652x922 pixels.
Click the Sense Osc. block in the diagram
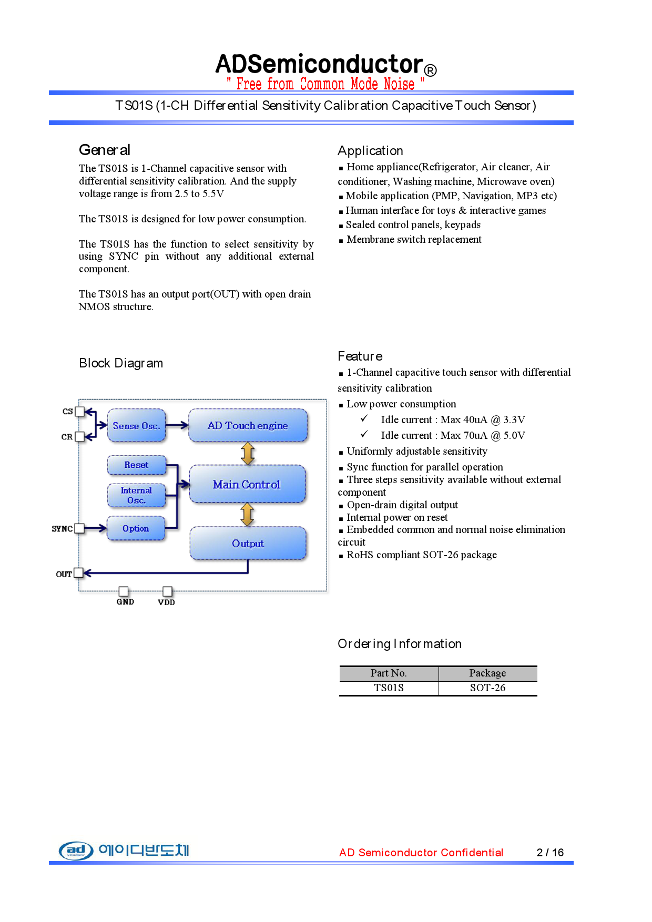136,426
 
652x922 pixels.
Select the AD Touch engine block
248,426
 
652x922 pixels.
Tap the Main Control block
247,485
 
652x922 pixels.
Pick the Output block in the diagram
248,544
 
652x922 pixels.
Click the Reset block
136,465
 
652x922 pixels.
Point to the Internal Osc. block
136,496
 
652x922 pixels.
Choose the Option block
136,529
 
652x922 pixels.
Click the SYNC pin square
79,529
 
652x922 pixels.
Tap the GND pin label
125,602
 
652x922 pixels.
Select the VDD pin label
166,602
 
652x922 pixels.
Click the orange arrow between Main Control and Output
247,515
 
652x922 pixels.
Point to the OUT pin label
64,574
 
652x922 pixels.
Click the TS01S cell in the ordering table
389,688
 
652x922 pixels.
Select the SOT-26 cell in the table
487,688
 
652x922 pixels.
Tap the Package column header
487,673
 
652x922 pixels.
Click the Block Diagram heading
121,363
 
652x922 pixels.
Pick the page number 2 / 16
550,853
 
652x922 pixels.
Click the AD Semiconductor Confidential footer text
421,853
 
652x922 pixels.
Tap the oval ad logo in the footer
76,850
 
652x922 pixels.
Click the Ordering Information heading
400,644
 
